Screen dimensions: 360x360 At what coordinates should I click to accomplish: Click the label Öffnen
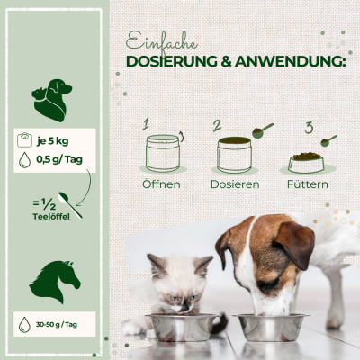coord(162,184)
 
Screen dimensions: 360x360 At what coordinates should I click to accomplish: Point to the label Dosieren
coord(236,184)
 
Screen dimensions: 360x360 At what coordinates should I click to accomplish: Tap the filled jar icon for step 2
coord(234,153)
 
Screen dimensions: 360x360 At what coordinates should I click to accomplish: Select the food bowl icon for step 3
coord(306,162)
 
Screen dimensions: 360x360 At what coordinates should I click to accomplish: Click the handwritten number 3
coord(309,127)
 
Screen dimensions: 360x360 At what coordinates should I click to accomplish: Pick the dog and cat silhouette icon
coord(51,100)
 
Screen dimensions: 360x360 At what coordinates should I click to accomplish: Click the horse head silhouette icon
coord(54,281)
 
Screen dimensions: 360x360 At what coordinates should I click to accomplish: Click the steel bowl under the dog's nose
coord(270,326)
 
